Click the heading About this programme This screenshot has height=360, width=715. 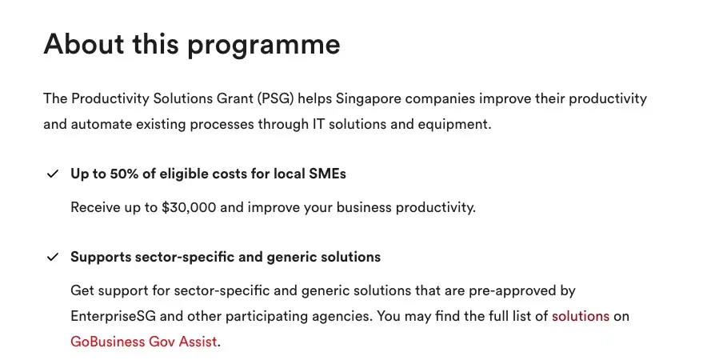(192, 45)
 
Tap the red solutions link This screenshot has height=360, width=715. (581, 316)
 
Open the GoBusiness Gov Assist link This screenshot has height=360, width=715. (144, 342)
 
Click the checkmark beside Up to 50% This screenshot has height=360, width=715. (53, 174)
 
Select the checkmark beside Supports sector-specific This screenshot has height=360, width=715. (53, 258)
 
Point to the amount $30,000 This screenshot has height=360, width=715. (189, 208)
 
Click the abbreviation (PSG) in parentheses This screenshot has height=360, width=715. (275, 99)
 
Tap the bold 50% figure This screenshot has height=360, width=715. (124, 174)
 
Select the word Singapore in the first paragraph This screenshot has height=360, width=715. (369, 99)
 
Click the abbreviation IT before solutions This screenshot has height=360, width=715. (318, 125)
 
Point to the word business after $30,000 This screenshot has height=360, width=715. (364, 208)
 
